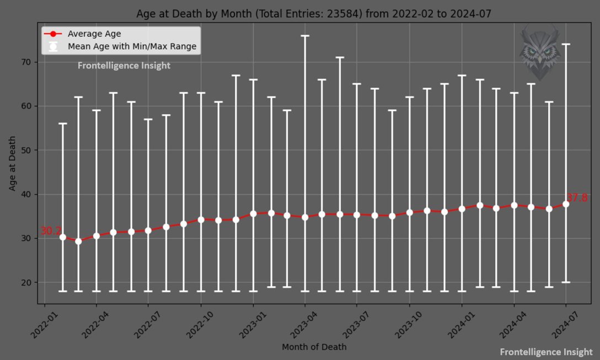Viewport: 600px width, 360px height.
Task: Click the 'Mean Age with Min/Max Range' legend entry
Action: pyautogui.click(x=132, y=46)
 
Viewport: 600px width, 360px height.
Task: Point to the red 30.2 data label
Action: pyautogui.click(x=50, y=232)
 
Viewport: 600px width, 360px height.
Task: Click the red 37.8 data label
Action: pyautogui.click(x=577, y=198)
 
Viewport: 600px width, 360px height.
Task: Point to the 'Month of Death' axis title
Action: pyautogui.click(x=314, y=347)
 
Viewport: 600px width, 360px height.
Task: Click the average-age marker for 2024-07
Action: pyautogui.click(x=566, y=204)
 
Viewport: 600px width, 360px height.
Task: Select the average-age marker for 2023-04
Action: pyautogui.click(x=304, y=217)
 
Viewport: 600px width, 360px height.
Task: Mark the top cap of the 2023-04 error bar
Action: pyautogui.click(x=304, y=35)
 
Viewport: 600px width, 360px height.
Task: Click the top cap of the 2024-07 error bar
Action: pyautogui.click(x=566, y=44)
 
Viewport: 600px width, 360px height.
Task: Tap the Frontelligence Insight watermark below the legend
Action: pyautogui.click(x=124, y=66)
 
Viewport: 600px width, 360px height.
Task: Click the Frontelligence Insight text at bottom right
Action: pyautogui.click(x=546, y=352)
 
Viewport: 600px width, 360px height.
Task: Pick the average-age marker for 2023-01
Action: pyautogui.click(x=253, y=214)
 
